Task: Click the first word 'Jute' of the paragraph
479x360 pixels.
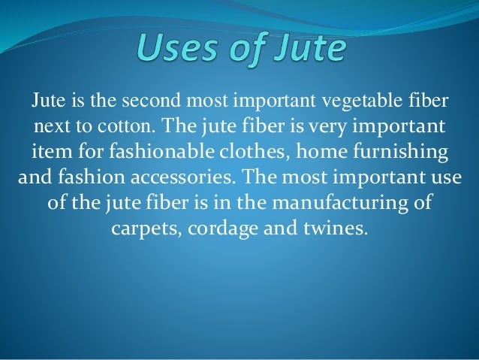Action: (47, 100)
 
